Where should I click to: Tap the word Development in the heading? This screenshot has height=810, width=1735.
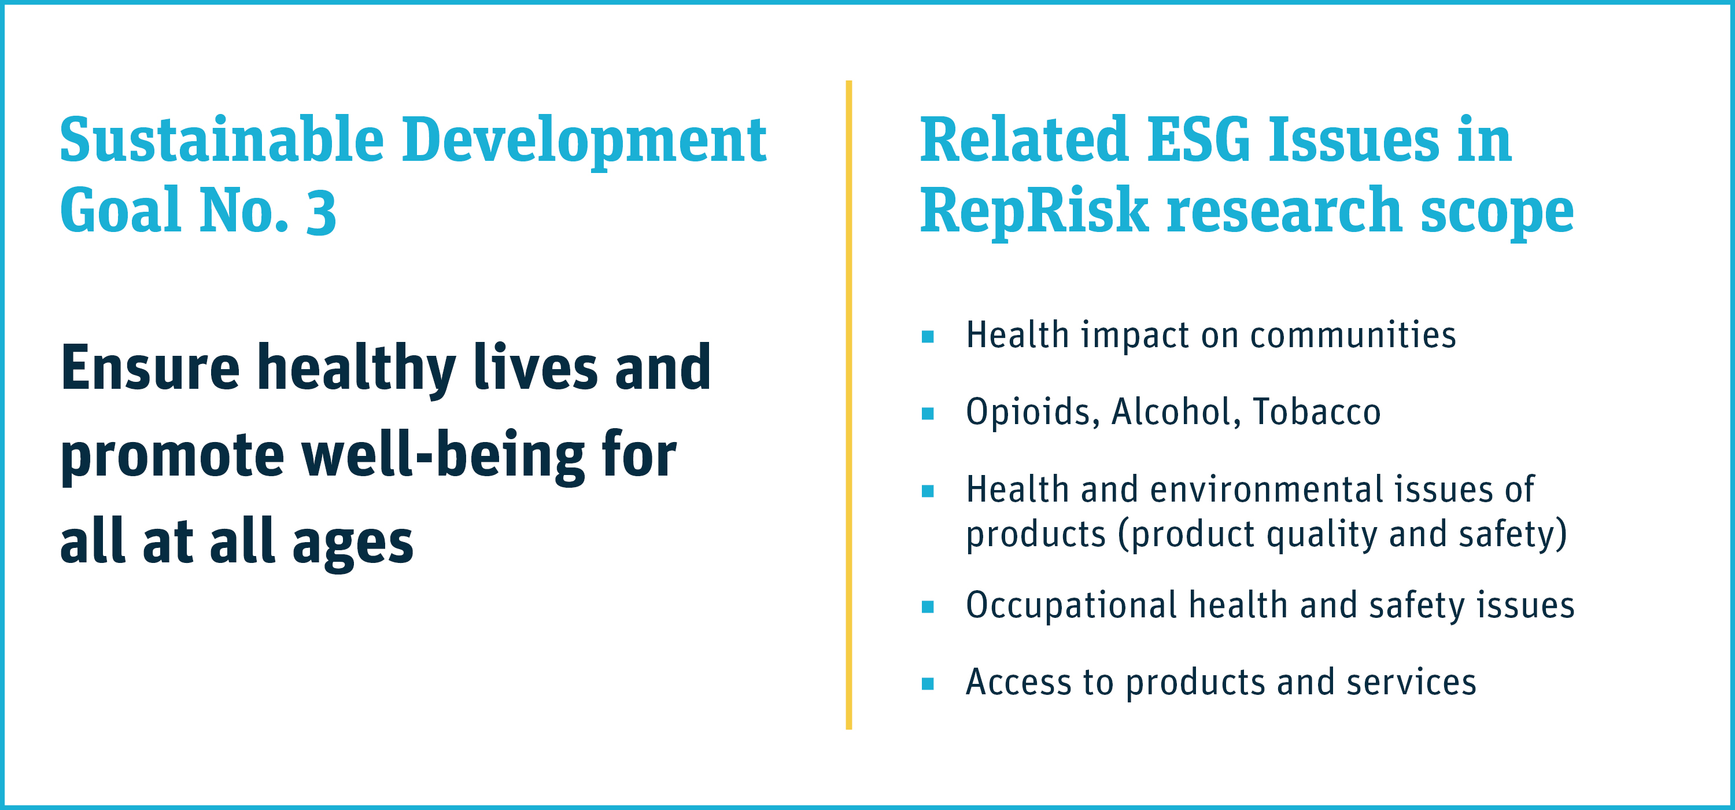point(585,142)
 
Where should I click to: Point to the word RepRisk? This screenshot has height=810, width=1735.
point(1034,212)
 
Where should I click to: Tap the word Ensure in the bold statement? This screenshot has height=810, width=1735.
point(150,368)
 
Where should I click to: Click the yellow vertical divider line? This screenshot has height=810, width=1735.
point(848,404)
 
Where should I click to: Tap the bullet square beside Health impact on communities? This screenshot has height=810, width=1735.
point(928,336)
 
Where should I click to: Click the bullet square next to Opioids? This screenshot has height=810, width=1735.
point(928,413)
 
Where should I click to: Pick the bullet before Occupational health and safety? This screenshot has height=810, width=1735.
point(928,606)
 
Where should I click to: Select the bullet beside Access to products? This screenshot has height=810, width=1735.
point(928,684)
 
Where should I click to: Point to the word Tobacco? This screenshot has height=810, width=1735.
point(1317,412)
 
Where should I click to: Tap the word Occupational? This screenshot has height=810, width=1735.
point(1072,606)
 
